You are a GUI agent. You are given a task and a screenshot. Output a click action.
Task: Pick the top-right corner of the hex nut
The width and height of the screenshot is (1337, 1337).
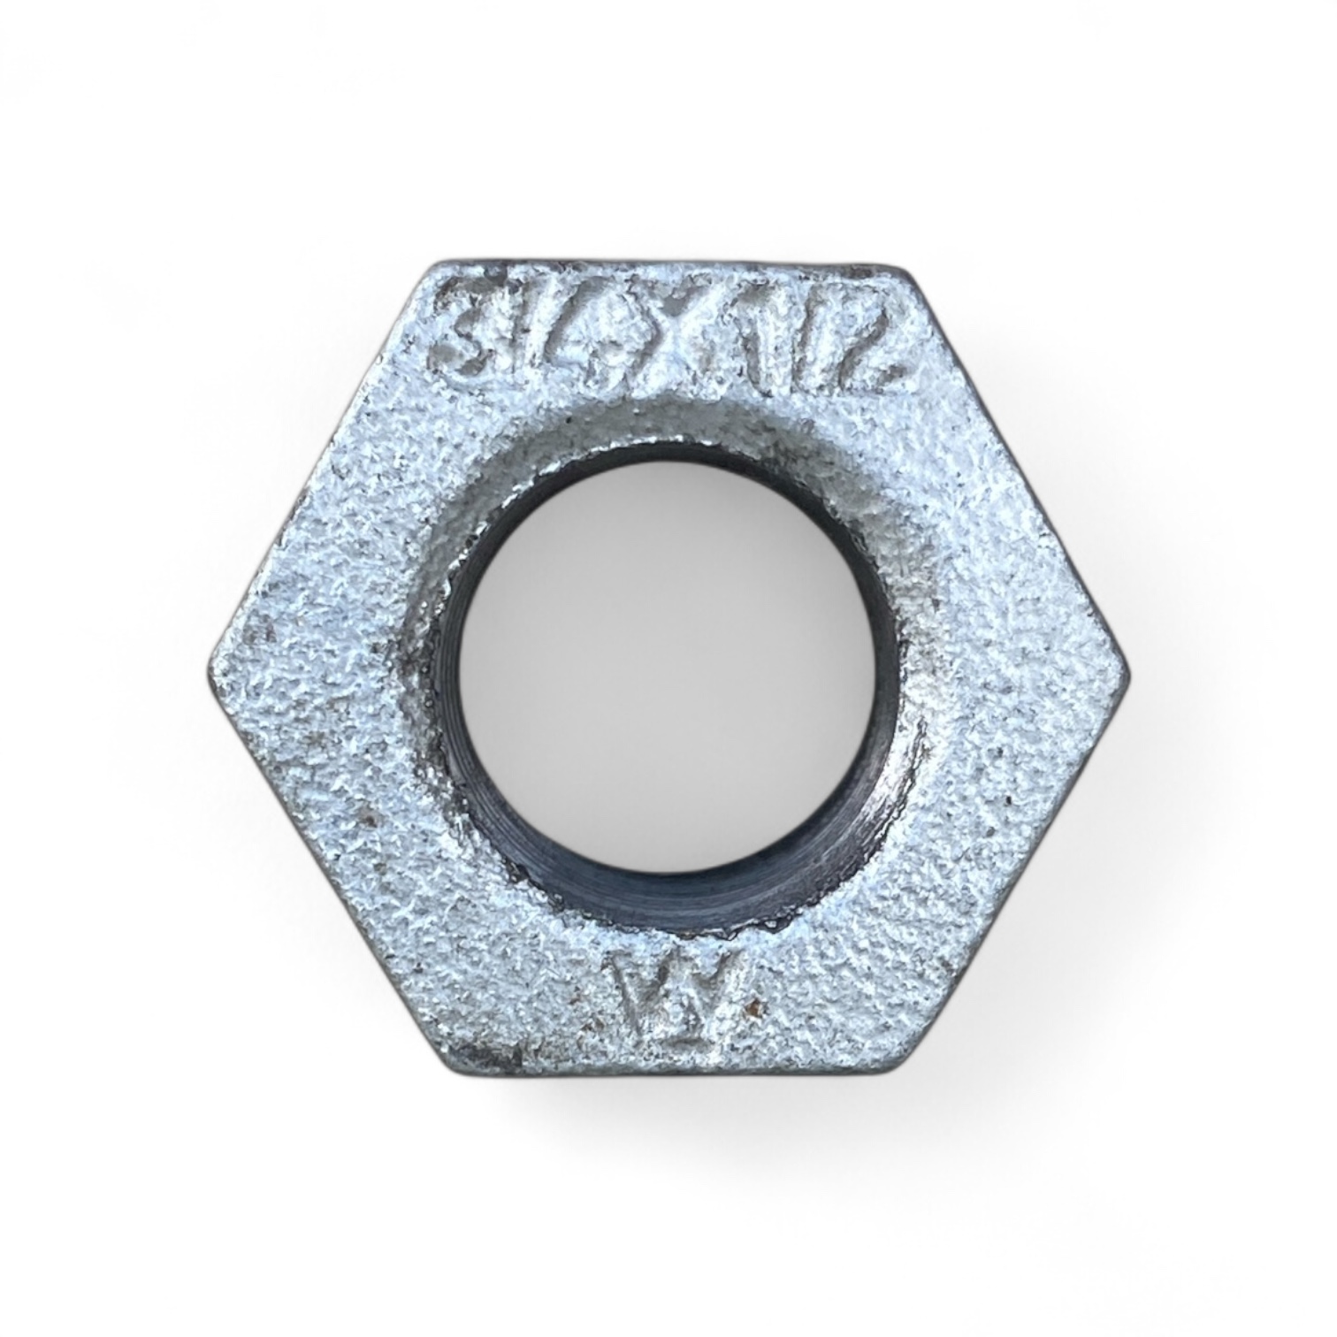coord(902,265)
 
